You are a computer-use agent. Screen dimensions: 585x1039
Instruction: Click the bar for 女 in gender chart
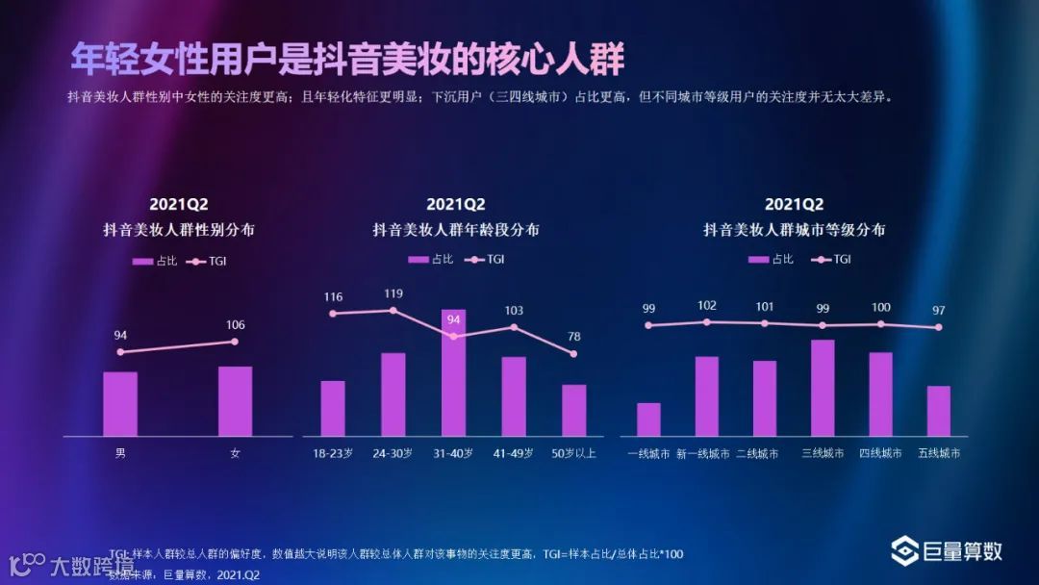tap(235, 401)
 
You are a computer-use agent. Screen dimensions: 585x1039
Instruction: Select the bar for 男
tap(120, 404)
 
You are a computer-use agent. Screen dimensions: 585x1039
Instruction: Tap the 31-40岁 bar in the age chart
tap(453, 372)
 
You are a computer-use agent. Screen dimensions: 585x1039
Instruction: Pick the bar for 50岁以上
tap(573, 411)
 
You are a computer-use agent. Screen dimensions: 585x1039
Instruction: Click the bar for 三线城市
tap(823, 388)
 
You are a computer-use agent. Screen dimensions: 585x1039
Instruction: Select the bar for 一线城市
tap(648, 420)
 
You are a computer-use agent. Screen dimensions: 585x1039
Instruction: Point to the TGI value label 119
tap(393, 293)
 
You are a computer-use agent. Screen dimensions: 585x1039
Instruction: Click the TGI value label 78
tap(573, 337)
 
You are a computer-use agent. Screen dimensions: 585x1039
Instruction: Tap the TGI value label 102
tap(707, 306)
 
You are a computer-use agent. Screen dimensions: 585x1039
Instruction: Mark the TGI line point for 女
tap(235, 342)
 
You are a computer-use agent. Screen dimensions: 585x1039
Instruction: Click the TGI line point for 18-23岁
tap(333, 313)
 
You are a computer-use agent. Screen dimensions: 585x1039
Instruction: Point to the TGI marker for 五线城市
tap(939, 327)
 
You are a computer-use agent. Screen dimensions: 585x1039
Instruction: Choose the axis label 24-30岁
tap(393, 453)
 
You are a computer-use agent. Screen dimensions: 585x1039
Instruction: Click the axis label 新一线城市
tap(703, 453)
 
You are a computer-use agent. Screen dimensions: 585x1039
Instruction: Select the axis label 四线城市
tap(880, 453)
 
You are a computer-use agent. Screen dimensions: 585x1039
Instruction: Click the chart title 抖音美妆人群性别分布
tap(179, 230)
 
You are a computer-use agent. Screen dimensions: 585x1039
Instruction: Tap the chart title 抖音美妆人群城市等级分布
tap(794, 230)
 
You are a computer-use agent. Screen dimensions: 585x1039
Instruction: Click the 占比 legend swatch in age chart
tap(418, 259)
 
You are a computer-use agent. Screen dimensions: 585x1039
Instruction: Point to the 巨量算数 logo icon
tap(904, 551)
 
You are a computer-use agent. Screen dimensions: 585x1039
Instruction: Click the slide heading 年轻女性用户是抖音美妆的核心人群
tap(347, 60)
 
